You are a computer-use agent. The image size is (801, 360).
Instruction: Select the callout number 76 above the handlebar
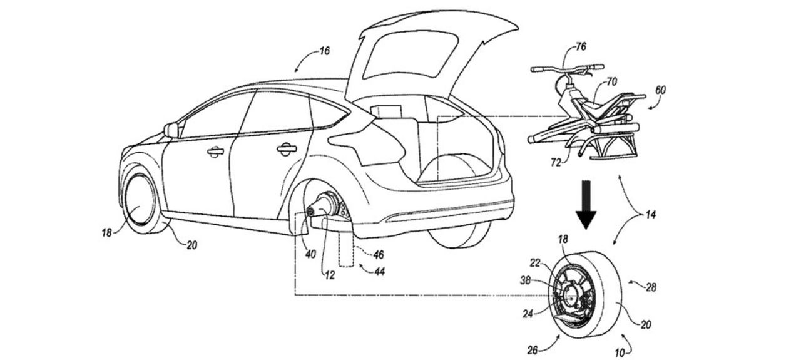[581, 47]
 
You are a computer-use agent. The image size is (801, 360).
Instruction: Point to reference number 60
[660, 90]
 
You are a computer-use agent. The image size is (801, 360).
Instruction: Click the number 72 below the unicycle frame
[556, 163]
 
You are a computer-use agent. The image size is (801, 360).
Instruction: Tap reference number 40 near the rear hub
[311, 254]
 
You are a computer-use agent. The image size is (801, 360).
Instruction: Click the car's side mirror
[171, 130]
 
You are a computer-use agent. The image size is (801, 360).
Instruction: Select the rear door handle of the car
[287, 149]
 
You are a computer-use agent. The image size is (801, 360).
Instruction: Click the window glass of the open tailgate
[410, 53]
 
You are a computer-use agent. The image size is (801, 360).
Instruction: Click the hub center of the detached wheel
[571, 295]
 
